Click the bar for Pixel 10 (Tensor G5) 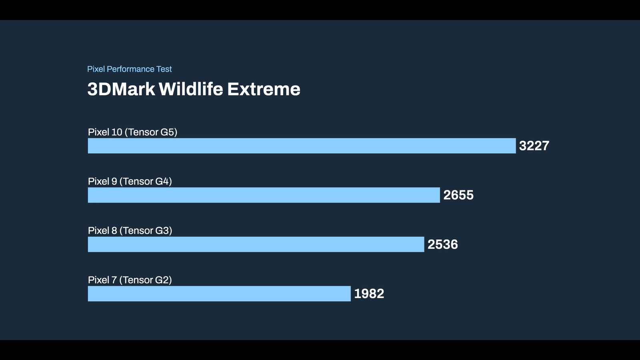[x=302, y=146]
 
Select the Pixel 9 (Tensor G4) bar [x=264, y=195]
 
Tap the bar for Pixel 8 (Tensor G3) [x=256, y=244]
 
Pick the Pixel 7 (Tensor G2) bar [x=219, y=294]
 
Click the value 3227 [x=534, y=146]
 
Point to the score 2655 [x=458, y=195]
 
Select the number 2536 [x=442, y=244]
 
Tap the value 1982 [x=369, y=294]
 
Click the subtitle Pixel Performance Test [x=130, y=69]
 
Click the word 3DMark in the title [x=121, y=89]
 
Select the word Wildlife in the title [x=191, y=89]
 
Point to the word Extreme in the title [x=264, y=89]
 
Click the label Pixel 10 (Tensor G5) [x=132, y=132]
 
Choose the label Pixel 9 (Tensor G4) [x=130, y=182]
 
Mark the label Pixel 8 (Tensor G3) [x=130, y=230]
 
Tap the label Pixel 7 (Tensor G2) [x=130, y=280]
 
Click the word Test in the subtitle [x=164, y=69]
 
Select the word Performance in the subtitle [x=130, y=69]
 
